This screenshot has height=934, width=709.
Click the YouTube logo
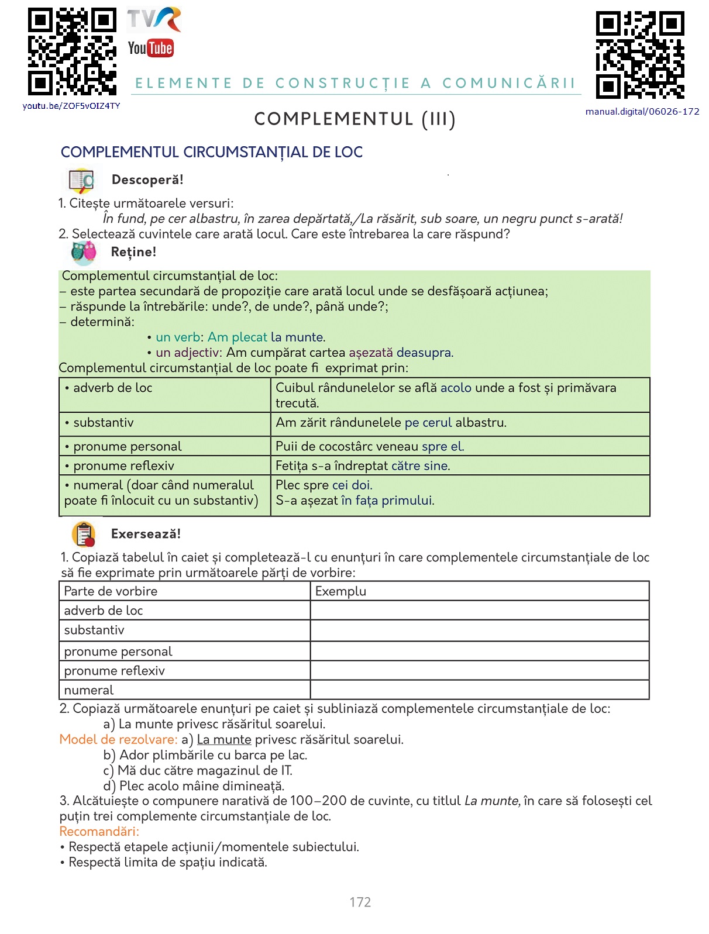coord(150,48)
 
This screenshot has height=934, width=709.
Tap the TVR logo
coord(154,20)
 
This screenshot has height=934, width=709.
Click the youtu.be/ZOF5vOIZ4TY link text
coord(71,106)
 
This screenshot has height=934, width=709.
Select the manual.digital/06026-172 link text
coord(642,112)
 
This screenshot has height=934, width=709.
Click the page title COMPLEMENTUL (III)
coord(354,119)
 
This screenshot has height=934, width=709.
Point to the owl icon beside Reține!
coord(84,253)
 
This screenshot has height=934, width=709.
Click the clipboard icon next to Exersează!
coord(84,534)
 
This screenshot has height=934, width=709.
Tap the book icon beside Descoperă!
coord(81,181)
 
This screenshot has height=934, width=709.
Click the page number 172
coord(360,902)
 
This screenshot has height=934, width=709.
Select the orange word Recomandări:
coord(99,831)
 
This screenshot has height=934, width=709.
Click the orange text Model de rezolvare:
coord(118,739)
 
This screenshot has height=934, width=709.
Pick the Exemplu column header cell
coord(479,591)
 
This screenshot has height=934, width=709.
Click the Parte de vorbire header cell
coord(184,591)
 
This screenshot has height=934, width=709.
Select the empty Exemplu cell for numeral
coord(479,690)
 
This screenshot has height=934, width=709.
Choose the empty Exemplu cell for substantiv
coord(479,630)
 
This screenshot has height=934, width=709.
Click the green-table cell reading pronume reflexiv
coord(164,466)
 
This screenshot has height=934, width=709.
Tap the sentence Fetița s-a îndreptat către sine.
coord(363,466)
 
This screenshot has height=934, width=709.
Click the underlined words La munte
coord(224,739)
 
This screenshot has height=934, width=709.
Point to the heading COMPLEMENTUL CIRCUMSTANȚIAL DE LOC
coord(211,152)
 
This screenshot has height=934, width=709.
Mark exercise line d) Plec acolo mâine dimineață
coord(194,785)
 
